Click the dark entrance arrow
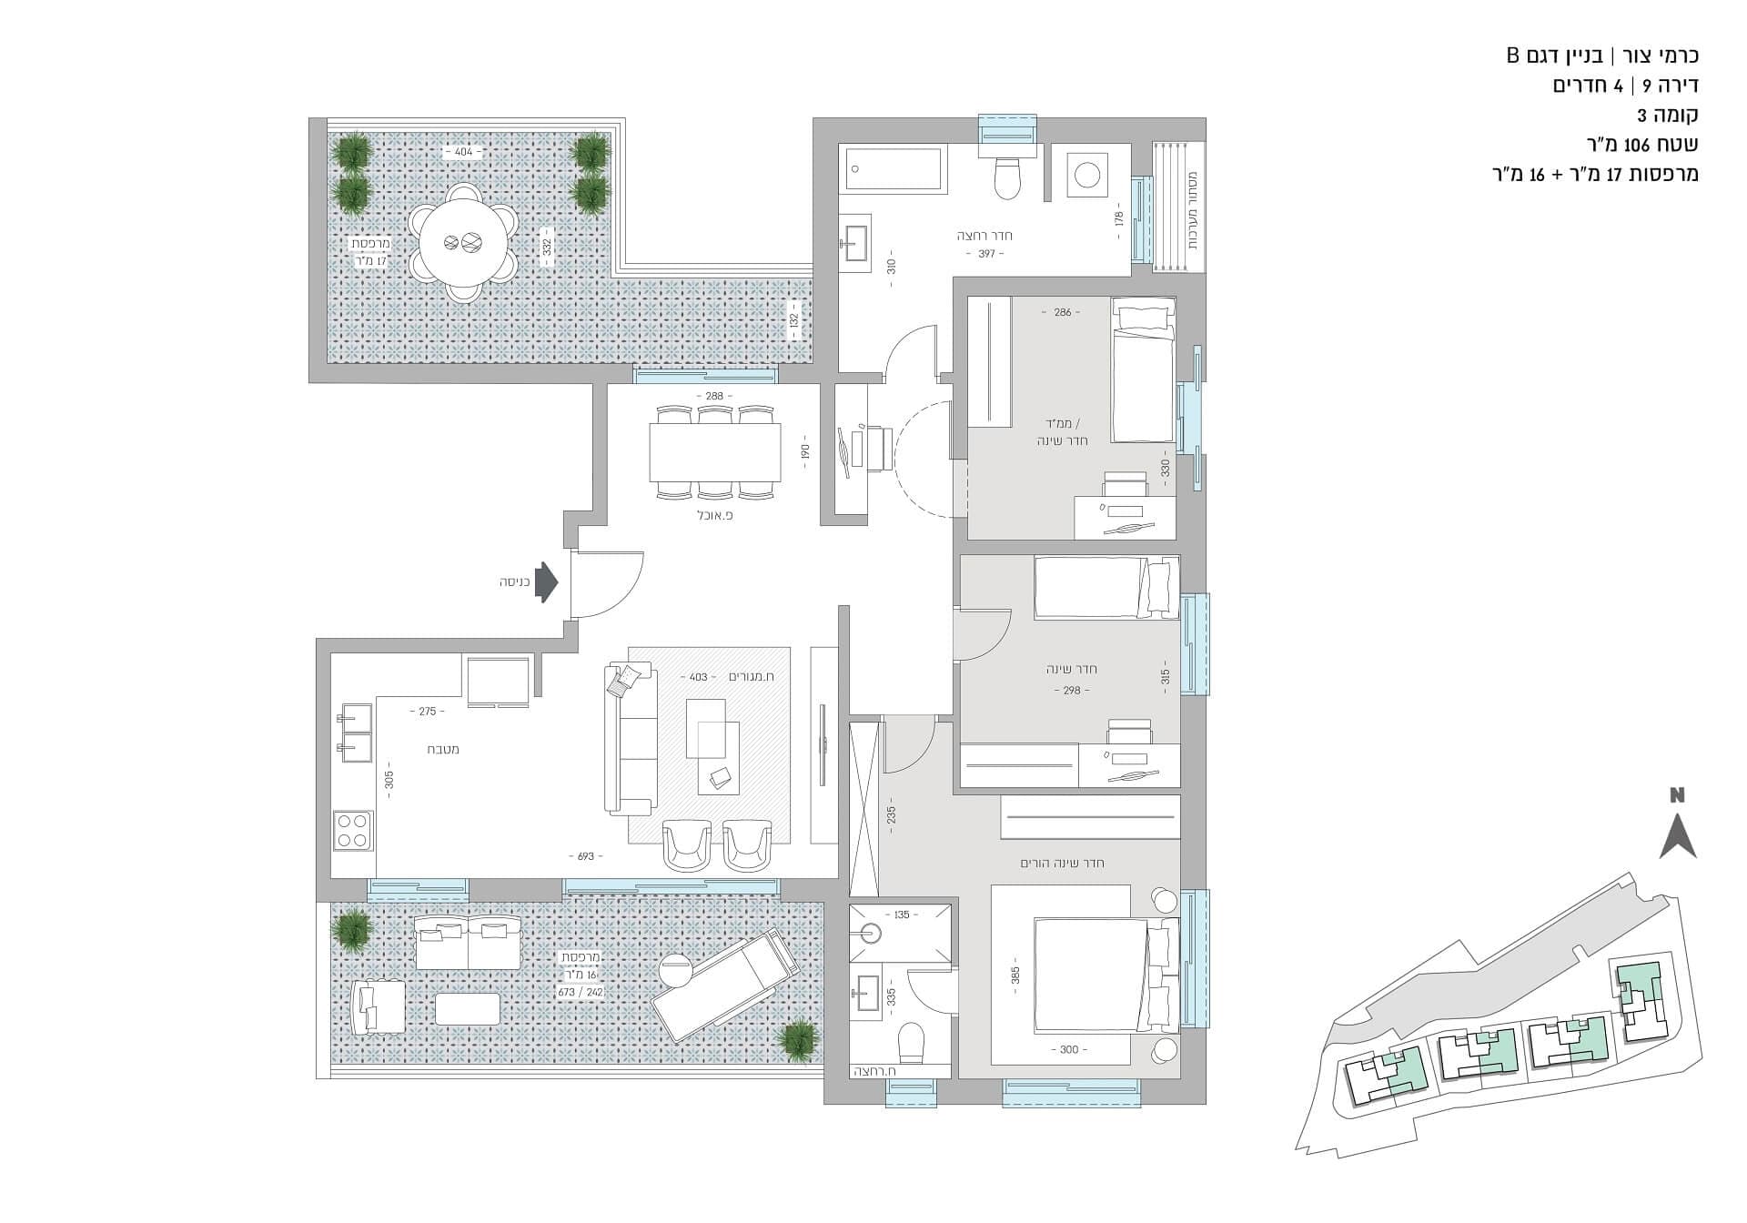545,581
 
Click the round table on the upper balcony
461,243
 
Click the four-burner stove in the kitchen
353,830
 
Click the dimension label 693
585,856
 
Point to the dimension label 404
464,152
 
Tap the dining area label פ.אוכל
714,514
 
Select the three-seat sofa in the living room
630,739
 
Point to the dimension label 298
1072,691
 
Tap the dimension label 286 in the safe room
1062,312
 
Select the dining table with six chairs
715,452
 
